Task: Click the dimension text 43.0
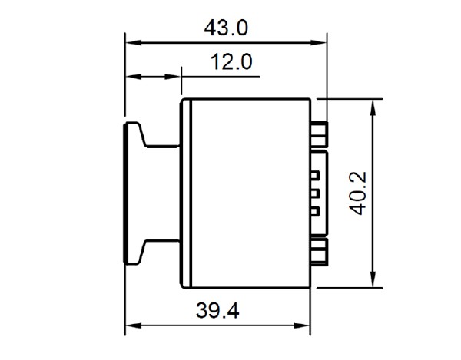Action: pos(225,28)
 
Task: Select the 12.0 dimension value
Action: pos(232,63)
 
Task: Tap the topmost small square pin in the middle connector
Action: pos(314,176)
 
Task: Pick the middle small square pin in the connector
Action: pos(314,193)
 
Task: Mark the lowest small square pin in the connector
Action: pos(314,210)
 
